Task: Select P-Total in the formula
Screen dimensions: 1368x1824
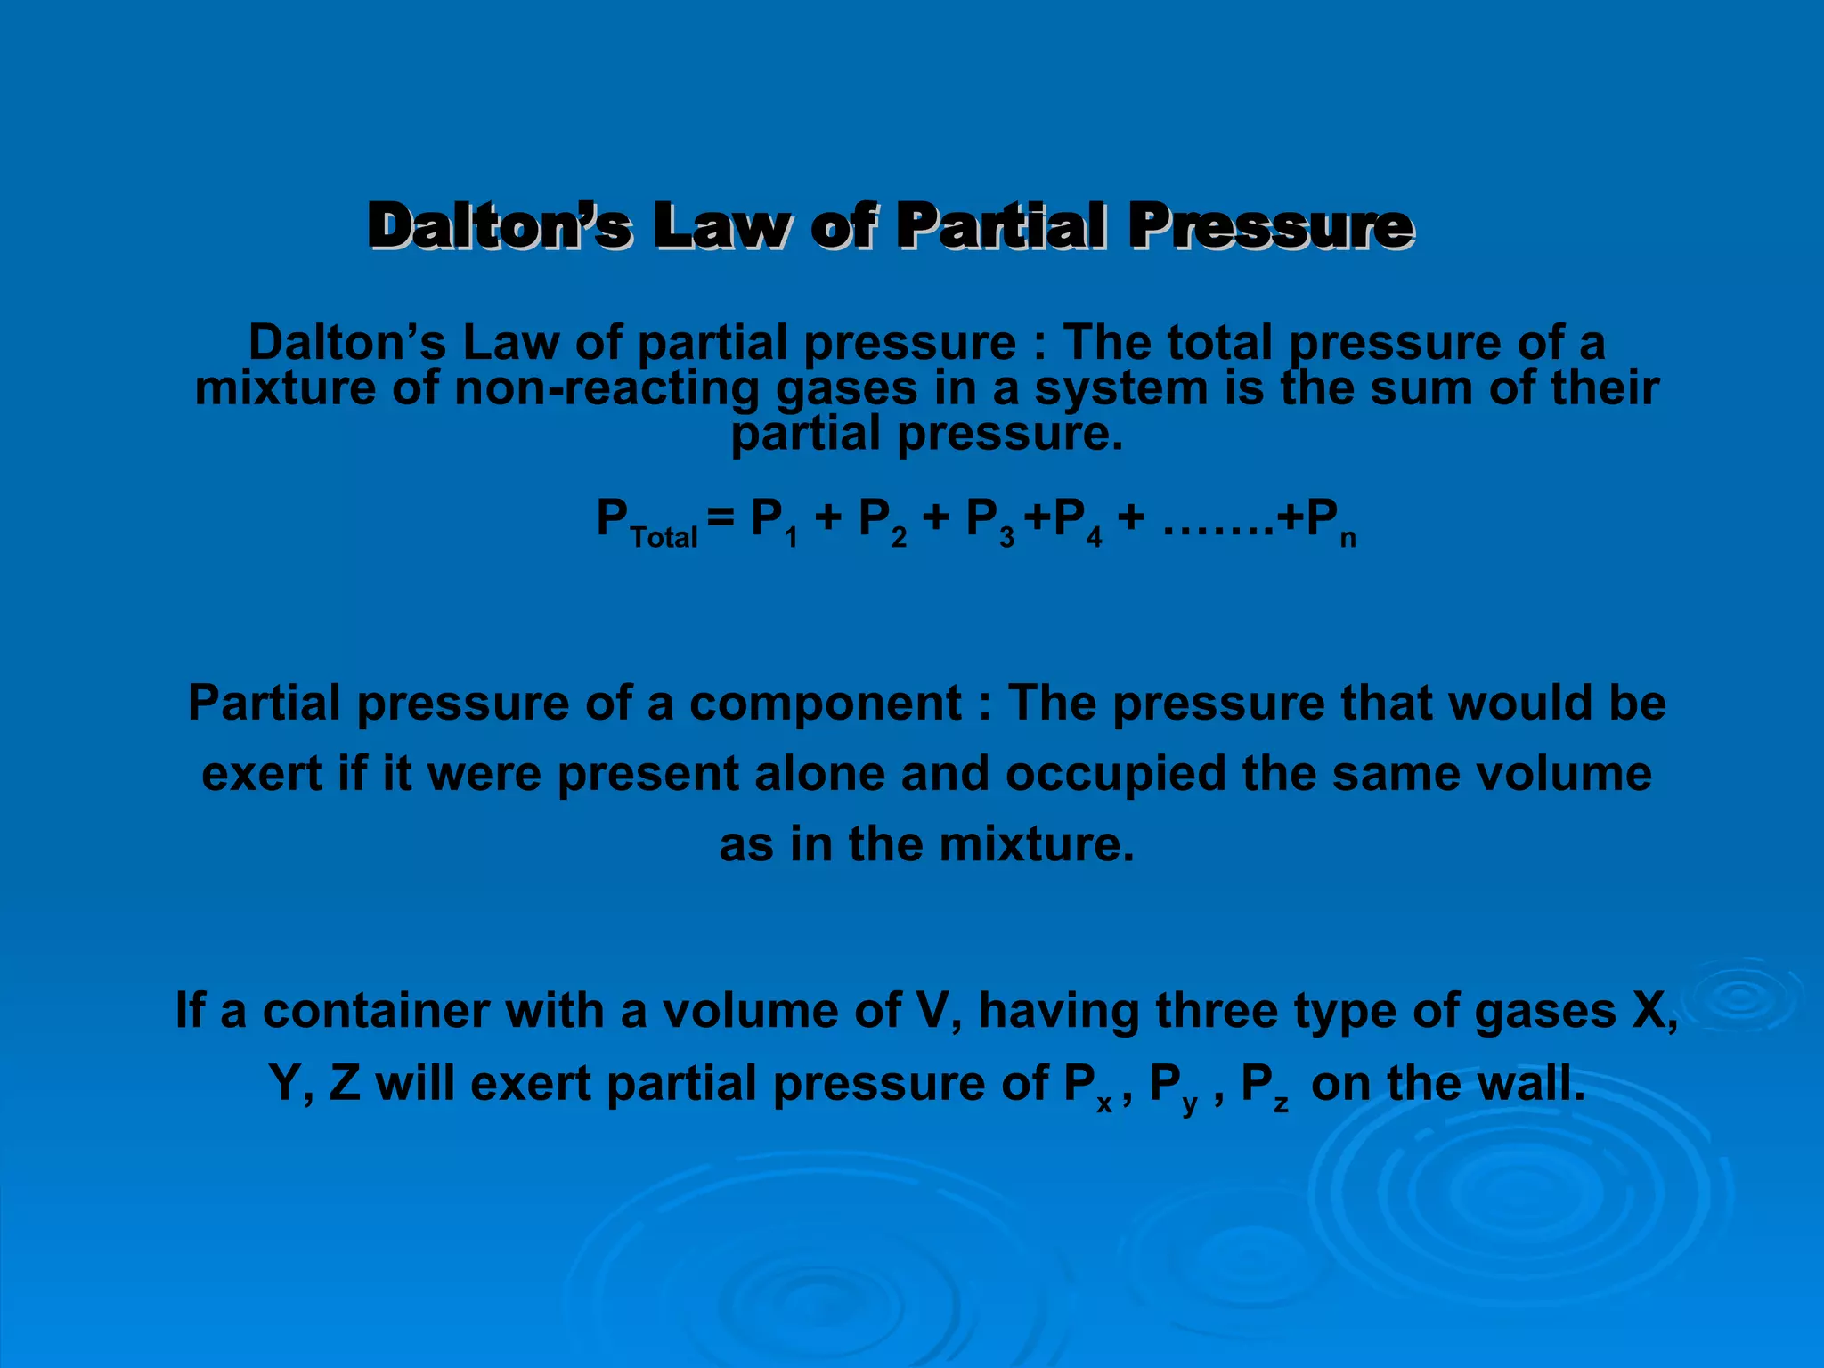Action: [647, 523]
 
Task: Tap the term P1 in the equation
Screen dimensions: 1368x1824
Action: [774, 523]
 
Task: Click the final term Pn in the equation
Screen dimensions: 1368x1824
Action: [1331, 523]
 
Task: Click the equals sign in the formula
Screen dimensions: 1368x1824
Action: [720, 518]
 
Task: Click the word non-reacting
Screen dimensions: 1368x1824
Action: [606, 388]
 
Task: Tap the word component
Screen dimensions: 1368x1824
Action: [825, 703]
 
